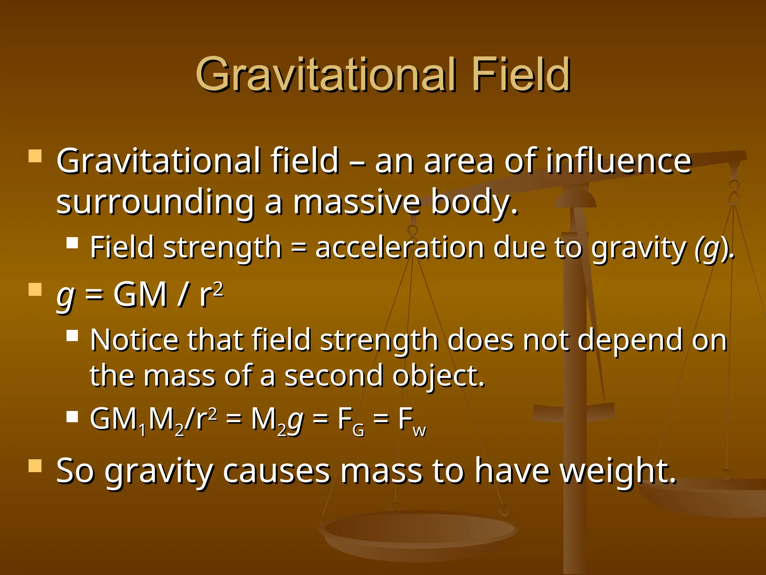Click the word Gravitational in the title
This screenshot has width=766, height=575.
point(326,74)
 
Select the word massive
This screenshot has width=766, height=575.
point(357,202)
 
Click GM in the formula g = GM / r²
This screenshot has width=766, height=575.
point(140,295)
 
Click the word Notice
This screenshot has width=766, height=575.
point(134,340)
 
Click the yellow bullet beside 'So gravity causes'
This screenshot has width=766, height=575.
point(35,466)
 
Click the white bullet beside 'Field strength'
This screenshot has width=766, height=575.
point(72,243)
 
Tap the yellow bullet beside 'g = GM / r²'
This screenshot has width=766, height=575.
point(35,289)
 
